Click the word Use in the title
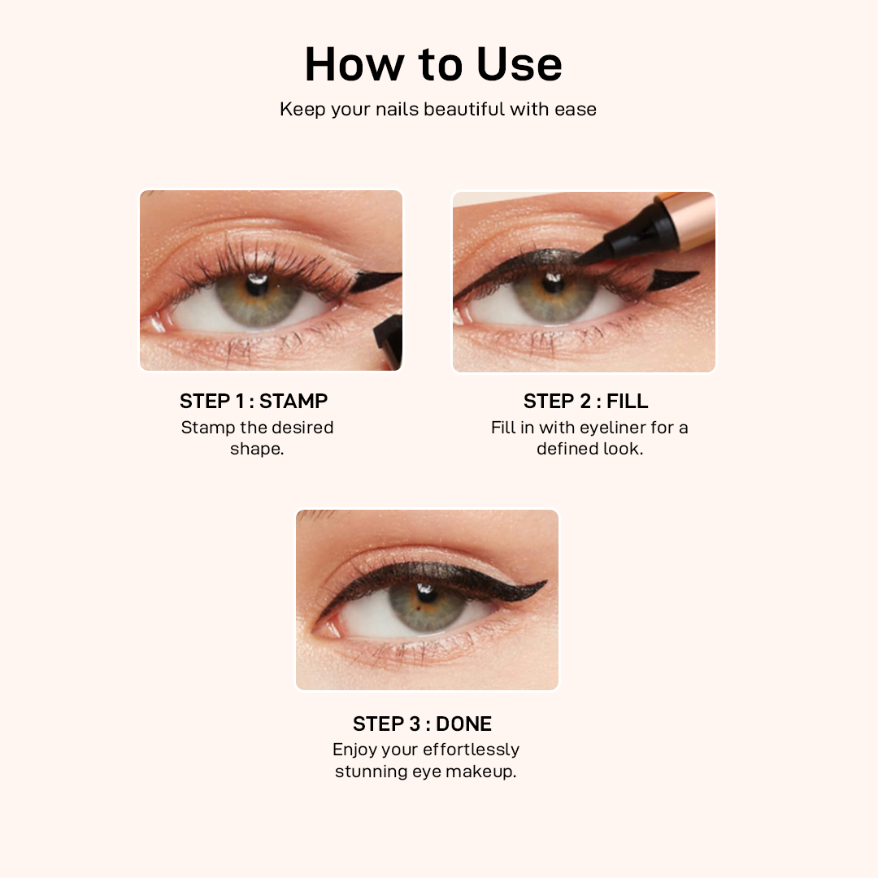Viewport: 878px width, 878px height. tap(519, 64)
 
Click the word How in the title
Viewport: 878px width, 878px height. tap(354, 64)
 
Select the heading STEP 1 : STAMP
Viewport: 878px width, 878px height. tap(254, 401)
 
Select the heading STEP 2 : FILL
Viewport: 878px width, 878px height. tap(585, 401)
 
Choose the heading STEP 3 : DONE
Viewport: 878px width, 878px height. tap(422, 724)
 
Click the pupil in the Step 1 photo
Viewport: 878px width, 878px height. tap(257, 286)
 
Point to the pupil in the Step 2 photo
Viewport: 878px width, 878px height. tap(554, 284)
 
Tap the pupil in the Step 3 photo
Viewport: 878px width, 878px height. tap(428, 594)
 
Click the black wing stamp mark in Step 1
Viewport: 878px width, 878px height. tap(374, 280)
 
